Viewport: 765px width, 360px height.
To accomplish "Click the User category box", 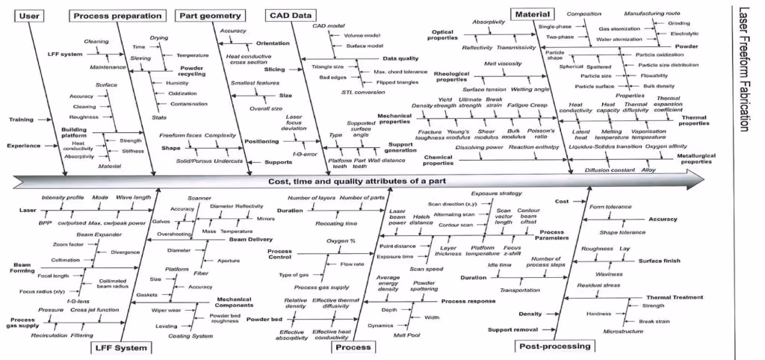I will click(x=29, y=15).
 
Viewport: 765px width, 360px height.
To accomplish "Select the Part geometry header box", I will click(x=209, y=15).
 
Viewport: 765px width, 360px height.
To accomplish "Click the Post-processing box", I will click(x=554, y=346).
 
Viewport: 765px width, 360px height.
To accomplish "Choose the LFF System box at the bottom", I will click(x=119, y=347).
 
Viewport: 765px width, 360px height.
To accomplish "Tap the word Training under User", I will click(x=22, y=120).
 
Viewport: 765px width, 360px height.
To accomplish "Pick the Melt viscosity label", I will click(x=502, y=64).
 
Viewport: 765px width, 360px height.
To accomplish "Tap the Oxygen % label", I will click(x=341, y=241).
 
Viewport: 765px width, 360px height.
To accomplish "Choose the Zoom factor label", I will click(x=68, y=243).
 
